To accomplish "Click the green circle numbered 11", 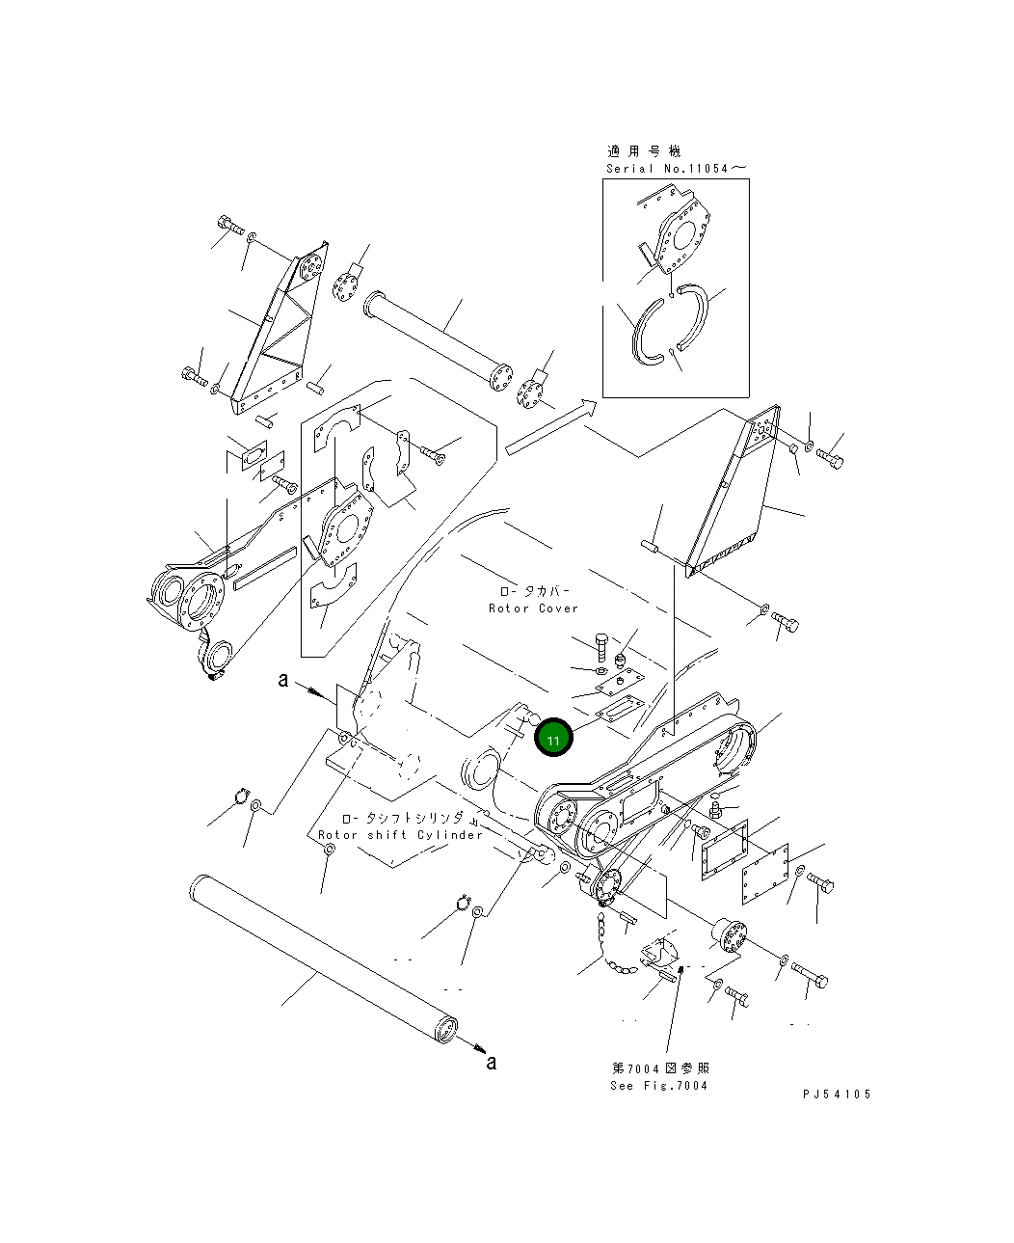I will tap(553, 739).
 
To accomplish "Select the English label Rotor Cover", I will tap(533, 608).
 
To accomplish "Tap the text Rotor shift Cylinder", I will tap(400, 835).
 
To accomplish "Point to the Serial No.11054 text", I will tap(675, 168).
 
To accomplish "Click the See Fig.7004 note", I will tap(658, 1085).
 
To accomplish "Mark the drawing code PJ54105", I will tap(836, 1094).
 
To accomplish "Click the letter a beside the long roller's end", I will tap(492, 1062).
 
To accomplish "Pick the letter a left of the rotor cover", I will tap(282, 680).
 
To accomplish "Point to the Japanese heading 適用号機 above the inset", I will tap(643, 150).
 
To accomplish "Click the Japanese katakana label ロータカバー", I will tap(534, 590).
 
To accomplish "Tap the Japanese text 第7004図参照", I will tap(661, 1068).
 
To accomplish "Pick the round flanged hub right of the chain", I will tap(730, 937).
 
